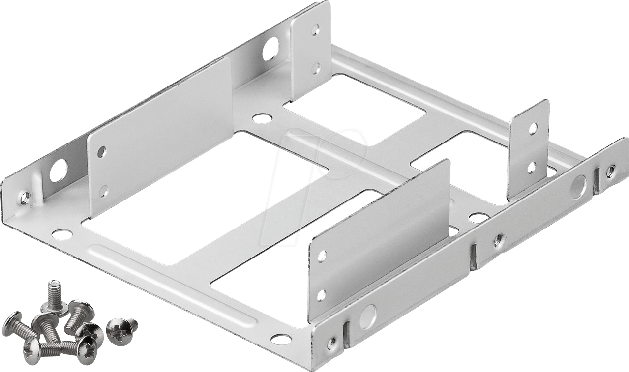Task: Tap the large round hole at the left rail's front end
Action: (x=59, y=170)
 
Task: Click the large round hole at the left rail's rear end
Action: (x=270, y=49)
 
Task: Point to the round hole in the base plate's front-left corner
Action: (x=62, y=234)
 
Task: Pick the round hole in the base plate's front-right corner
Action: (x=281, y=339)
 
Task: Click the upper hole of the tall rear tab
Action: (x=316, y=29)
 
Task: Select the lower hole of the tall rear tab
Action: (x=316, y=68)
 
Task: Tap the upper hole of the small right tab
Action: (x=533, y=128)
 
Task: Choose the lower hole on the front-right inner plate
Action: (x=321, y=295)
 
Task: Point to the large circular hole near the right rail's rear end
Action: (x=578, y=187)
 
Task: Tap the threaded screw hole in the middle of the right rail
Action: (x=499, y=239)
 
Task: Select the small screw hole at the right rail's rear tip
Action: (x=610, y=171)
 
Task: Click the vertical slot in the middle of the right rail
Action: (x=473, y=257)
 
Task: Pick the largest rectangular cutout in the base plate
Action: (x=204, y=197)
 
